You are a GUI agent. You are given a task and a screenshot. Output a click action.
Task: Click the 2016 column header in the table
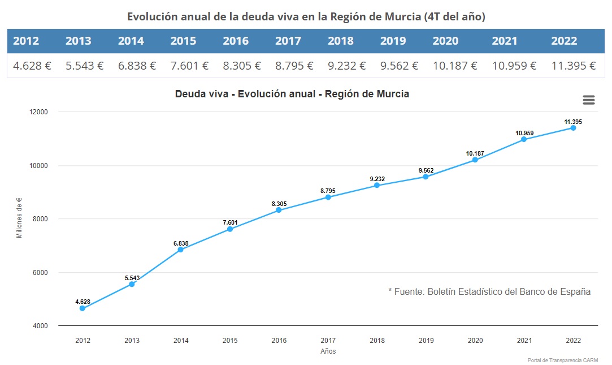tap(236, 41)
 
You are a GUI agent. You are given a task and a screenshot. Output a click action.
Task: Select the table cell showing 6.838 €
tap(137, 66)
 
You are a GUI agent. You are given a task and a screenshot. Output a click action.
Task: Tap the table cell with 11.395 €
tap(573, 66)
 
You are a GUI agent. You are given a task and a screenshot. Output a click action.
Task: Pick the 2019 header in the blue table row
tap(393, 41)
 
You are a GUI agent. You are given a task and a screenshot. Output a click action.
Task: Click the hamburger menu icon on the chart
tap(588, 100)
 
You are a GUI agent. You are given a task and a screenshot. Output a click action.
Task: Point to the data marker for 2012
tap(83, 308)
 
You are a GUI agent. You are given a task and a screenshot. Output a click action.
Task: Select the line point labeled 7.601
tap(230, 229)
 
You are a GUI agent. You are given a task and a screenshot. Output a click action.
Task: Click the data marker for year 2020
tap(475, 160)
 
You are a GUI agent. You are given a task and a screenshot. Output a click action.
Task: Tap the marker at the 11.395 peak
tap(573, 128)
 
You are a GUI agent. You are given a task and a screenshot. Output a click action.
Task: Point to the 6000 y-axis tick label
tap(40, 273)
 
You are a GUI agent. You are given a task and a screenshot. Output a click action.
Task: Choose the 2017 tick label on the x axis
tap(328, 341)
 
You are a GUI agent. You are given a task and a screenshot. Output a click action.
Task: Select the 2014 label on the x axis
tap(181, 341)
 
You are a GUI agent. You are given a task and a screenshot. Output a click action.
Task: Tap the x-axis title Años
tap(328, 351)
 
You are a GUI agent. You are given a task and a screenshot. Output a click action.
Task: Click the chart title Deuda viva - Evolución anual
tap(292, 94)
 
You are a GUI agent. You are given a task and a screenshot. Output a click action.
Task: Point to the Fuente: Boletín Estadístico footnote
tap(489, 292)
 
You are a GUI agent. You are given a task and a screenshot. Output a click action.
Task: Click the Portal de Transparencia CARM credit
tap(562, 360)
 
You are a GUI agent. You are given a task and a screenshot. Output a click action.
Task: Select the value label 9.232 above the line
tap(377, 179)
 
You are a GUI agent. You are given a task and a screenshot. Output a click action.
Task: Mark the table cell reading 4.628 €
tap(32, 66)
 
